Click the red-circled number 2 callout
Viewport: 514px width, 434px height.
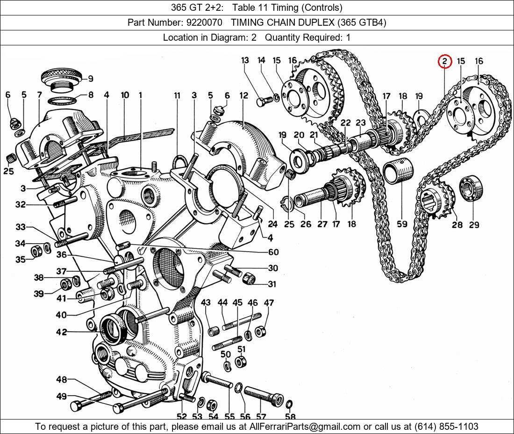tap(444, 61)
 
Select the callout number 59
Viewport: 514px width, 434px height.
tap(402, 224)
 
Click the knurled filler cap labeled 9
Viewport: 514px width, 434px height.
tap(61, 76)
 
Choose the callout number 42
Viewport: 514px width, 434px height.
tap(62, 332)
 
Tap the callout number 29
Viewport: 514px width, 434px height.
tap(474, 225)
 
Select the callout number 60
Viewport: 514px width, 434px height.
tap(273, 252)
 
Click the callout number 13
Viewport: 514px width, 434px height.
tap(245, 60)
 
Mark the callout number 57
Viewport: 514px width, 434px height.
tap(260, 417)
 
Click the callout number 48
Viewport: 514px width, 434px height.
tap(62, 379)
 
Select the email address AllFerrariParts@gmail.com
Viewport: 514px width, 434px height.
tap(305, 427)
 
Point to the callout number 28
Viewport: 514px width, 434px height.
tap(457, 225)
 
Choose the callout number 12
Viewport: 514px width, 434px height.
tap(244, 96)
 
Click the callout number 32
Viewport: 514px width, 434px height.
tap(20, 204)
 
